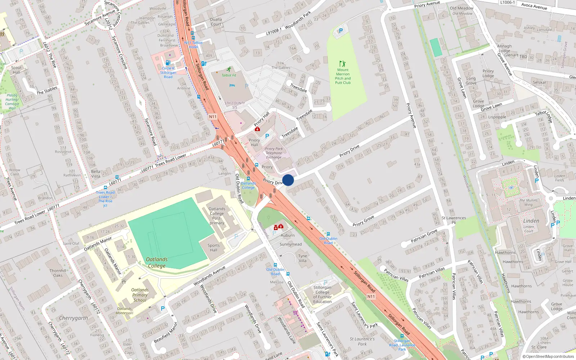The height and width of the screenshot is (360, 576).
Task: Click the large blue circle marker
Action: pos(288,180)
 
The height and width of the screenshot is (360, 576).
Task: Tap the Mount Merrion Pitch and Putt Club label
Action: pos(343,76)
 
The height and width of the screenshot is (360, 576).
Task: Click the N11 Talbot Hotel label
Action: pos(193,45)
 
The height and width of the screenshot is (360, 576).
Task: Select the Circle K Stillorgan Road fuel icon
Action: pos(168,63)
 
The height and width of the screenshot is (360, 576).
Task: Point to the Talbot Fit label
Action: pos(229,75)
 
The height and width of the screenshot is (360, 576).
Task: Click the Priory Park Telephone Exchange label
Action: pos(274,153)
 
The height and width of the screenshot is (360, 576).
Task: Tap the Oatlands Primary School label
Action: pos(140,295)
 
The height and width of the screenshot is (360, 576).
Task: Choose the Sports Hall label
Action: pos(213,248)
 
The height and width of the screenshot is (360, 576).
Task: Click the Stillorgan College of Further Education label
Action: pos(322,294)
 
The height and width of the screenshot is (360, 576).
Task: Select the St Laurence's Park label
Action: pos(362,341)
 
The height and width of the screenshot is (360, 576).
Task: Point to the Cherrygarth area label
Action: pos(73,318)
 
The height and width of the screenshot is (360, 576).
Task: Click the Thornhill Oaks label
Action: pos(58,273)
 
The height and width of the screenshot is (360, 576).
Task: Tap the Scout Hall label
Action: pos(16,70)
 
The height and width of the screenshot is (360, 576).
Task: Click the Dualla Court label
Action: pos(216,22)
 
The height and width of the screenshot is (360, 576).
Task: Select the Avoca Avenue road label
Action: pos(534,6)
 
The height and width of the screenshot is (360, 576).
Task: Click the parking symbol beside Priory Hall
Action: pos(267,136)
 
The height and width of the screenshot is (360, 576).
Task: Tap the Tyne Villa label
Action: pos(302,258)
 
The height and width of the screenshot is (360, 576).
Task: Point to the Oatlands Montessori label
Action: pos(125,311)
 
